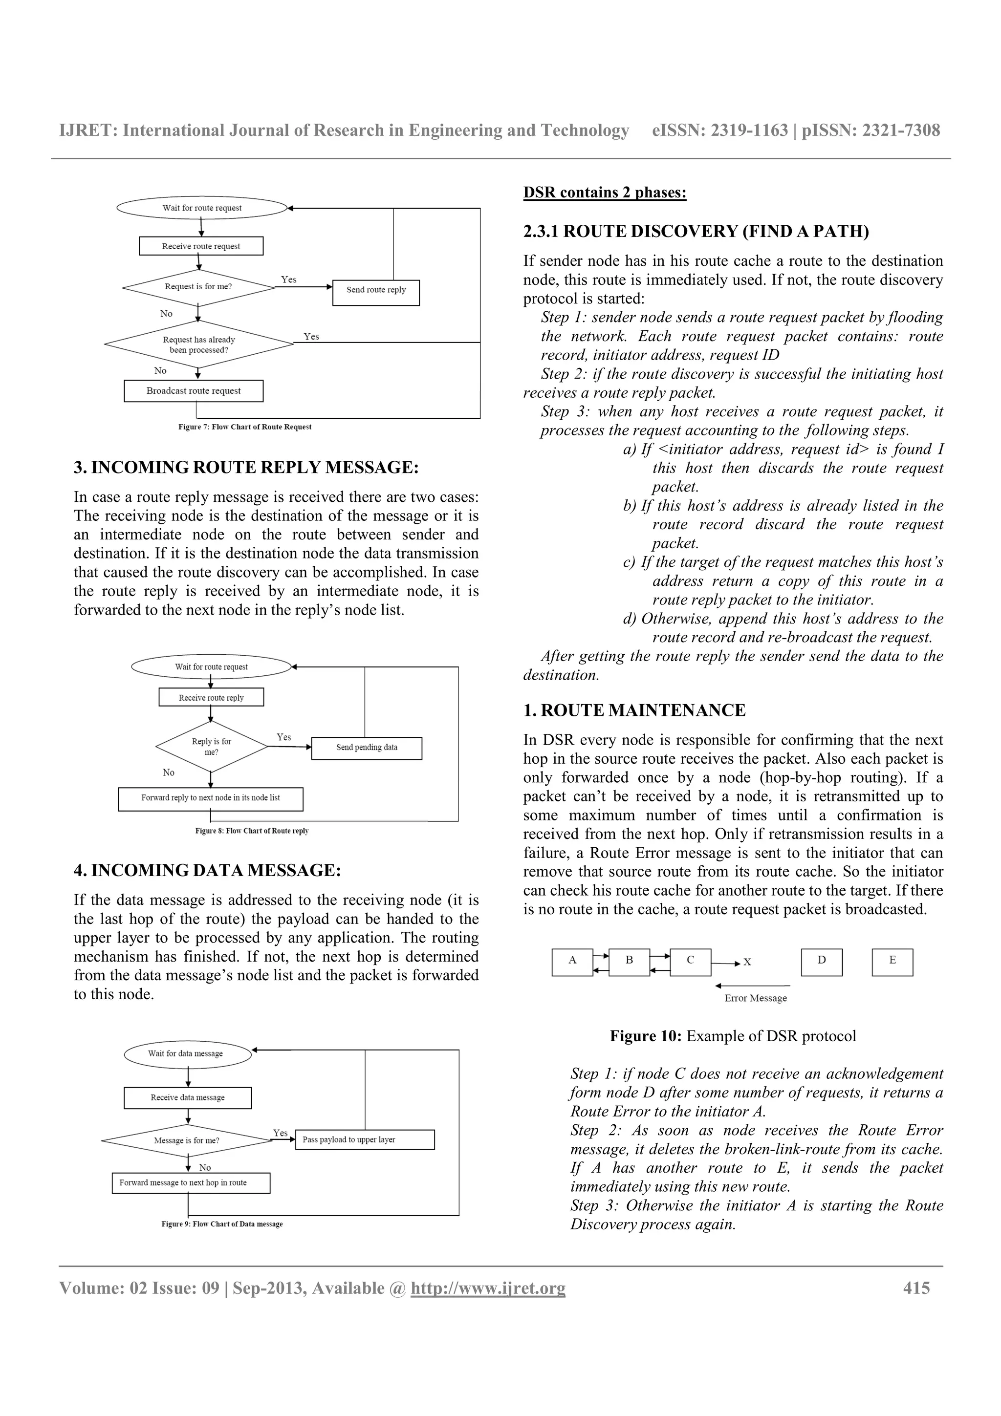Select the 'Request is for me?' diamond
click(x=198, y=287)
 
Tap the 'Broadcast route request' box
click(x=193, y=391)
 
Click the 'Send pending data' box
click(x=367, y=748)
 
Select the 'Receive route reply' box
click(x=211, y=698)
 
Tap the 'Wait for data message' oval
click(x=188, y=1054)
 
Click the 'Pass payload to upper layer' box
click(x=365, y=1140)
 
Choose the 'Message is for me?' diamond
click(x=187, y=1140)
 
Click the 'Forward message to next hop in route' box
click(x=191, y=1183)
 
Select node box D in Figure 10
click(x=821, y=962)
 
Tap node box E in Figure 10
click(x=892, y=962)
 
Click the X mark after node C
click(x=747, y=963)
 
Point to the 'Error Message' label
click(x=755, y=998)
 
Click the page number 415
click(x=916, y=1288)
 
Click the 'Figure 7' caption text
click(x=244, y=427)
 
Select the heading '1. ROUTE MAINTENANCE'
click(x=634, y=710)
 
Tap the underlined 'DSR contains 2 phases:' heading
click(x=605, y=193)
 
